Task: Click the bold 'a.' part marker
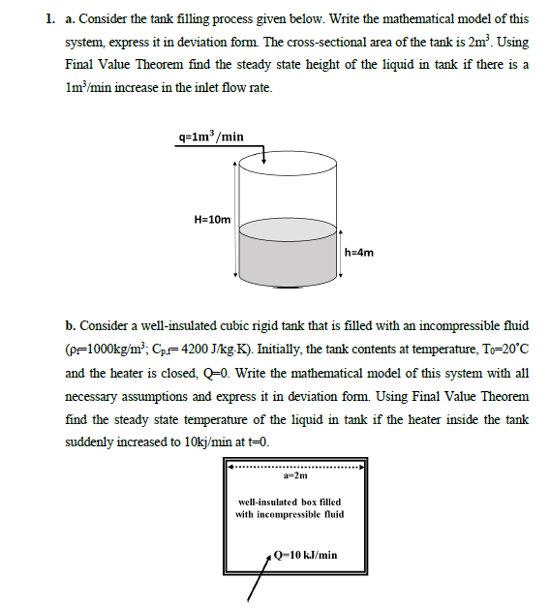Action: click(71, 18)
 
